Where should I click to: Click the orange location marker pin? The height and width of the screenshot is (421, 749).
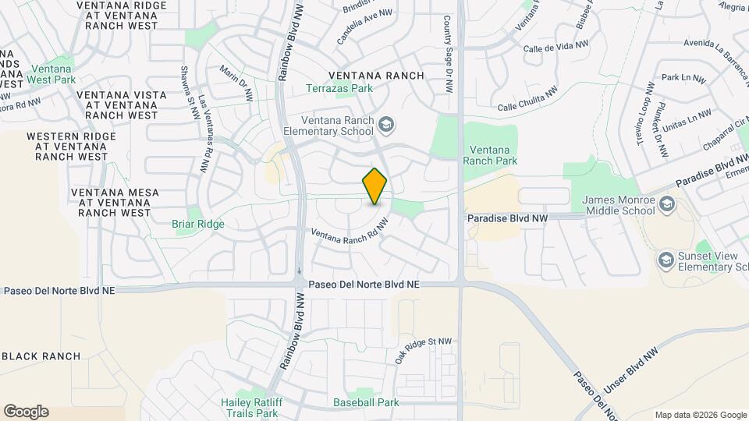point(375,186)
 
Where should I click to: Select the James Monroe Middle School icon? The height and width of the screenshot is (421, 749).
point(666,204)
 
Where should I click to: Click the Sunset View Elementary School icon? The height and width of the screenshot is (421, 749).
point(666,259)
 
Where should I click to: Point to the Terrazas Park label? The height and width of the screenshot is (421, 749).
point(339,88)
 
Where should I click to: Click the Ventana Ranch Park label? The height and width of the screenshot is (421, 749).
point(490,155)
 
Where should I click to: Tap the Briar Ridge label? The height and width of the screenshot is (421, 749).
point(198,224)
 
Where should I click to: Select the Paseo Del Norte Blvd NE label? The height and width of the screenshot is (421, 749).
point(364,285)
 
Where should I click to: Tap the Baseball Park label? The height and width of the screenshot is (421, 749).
point(366,402)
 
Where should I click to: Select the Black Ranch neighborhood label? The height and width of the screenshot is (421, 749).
point(41,356)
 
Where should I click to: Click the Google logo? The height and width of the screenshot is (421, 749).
point(26,412)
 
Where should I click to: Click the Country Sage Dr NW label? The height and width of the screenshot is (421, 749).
point(448,55)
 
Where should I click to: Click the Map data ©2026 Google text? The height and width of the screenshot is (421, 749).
point(700,415)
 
